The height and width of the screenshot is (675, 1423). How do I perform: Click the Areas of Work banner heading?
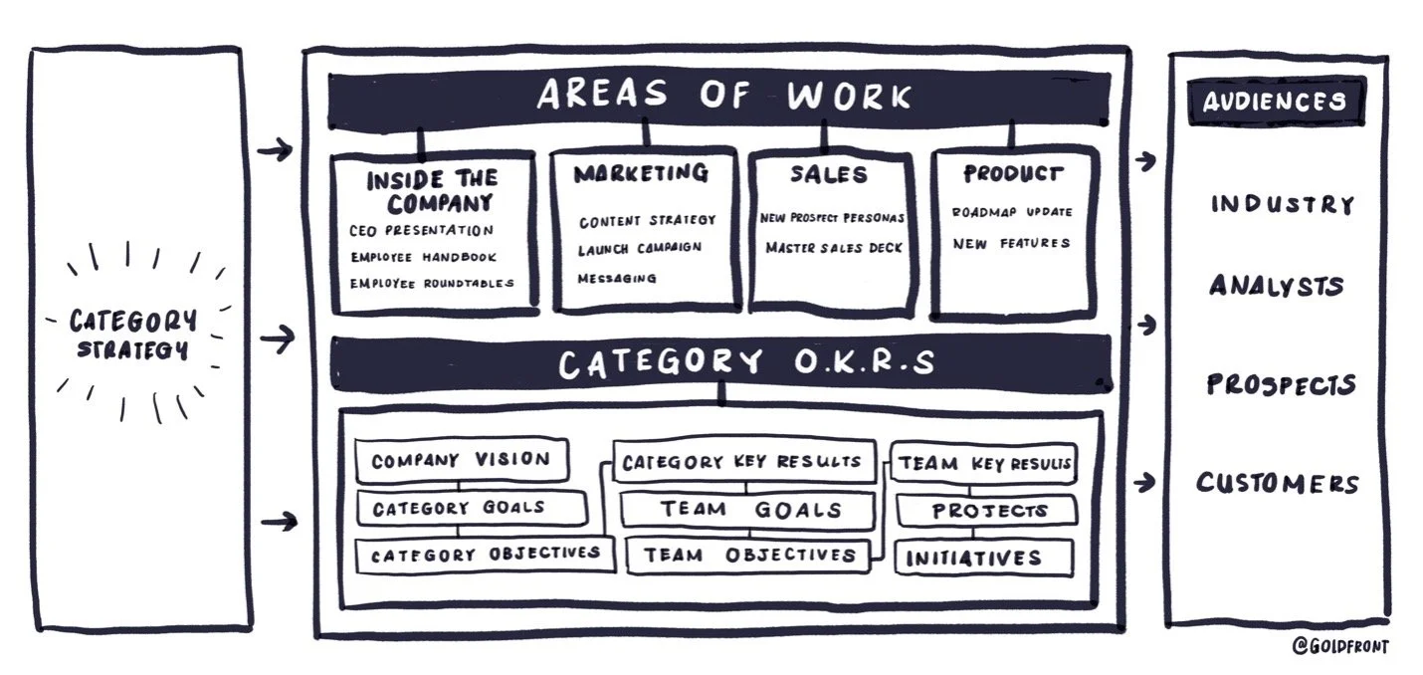pyautogui.click(x=723, y=97)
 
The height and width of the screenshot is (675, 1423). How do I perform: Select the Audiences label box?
pyautogui.click(x=1275, y=101)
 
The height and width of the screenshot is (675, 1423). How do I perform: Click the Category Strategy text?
pyautogui.click(x=132, y=335)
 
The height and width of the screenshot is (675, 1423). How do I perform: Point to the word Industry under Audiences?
pyautogui.click(x=1283, y=205)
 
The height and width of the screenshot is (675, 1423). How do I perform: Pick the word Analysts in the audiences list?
pyautogui.click(x=1277, y=287)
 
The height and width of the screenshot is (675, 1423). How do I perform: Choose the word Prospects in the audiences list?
pyautogui.click(x=1281, y=384)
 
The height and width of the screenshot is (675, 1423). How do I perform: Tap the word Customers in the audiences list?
pyautogui.click(x=1278, y=484)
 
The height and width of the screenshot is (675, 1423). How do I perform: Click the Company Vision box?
pyautogui.click(x=461, y=461)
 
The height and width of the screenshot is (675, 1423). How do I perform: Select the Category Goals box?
pyautogui.click(x=470, y=509)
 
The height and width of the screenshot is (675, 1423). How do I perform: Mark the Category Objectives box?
pyautogui.click(x=485, y=555)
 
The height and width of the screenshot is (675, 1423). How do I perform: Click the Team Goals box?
pyautogui.click(x=748, y=510)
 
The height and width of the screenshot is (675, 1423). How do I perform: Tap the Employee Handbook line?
pyautogui.click(x=423, y=257)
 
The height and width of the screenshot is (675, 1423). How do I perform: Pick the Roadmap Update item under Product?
pyautogui.click(x=1011, y=212)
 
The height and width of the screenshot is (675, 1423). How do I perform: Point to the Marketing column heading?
pyautogui.click(x=641, y=174)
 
